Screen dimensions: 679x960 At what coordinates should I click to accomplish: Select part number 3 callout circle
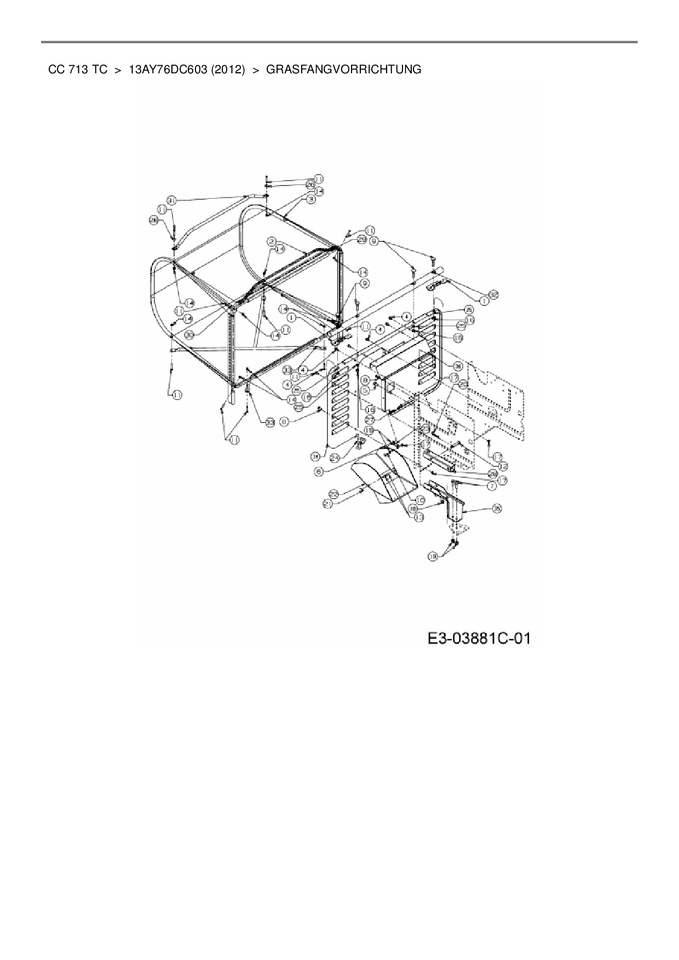click(x=310, y=200)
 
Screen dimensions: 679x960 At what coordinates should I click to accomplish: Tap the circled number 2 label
click(x=271, y=241)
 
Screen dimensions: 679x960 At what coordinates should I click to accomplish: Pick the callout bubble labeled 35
click(x=496, y=508)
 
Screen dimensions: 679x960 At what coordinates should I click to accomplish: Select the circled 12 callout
click(x=503, y=465)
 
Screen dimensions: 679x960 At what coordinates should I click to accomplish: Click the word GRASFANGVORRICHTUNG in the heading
click(x=343, y=70)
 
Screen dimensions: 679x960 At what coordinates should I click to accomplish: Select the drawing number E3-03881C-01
click(x=479, y=638)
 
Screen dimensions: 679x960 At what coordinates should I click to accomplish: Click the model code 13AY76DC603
click(x=167, y=70)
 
